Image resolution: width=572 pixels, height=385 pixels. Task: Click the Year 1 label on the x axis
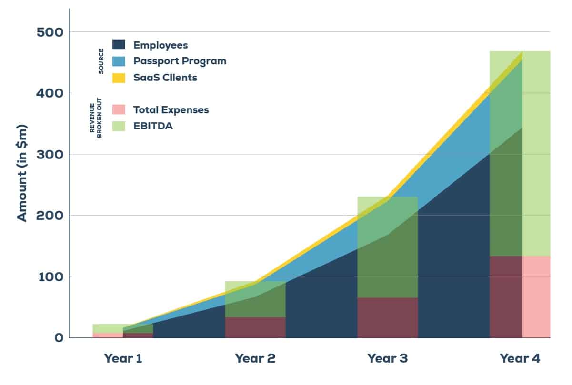click(x=123, y=358)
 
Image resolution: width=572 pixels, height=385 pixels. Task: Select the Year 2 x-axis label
click(x=255, y=358)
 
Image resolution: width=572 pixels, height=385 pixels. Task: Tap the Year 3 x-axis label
click(x=387, y=358)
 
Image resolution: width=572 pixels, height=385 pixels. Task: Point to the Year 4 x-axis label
click(x=520, y=358)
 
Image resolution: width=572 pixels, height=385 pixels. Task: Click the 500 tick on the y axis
click(x=50, y=32)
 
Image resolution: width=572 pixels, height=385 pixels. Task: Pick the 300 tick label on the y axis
click(x=50, y=154)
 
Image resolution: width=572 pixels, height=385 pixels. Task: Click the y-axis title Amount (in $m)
click(x=22, y=173)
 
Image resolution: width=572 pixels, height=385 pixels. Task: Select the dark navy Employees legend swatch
click(x=119, y=45)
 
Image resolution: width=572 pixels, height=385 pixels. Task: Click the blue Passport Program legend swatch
click(x=119, y=61)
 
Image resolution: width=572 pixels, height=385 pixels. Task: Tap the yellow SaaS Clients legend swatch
click(x=119, y=78)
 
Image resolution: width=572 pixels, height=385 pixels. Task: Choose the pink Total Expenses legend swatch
click(x=119, y=110)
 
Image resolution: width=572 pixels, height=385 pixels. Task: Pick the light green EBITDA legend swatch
click(x=119, y=126)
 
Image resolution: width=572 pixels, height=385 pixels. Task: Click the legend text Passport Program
click(x=180, y=61)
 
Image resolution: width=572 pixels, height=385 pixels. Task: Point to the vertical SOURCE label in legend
click(x=101, y=61)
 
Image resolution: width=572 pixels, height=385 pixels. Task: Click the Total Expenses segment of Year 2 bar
click(x=255, y=327)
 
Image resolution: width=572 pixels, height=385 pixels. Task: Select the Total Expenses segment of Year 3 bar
click(x=387, y=317)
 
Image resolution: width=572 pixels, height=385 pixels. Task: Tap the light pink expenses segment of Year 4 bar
click(x=536, y=296)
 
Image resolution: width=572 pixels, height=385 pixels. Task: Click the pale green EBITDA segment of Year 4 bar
click(x=536, y=152)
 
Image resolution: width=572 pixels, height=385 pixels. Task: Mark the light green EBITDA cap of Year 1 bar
click(x=107, y=328)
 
